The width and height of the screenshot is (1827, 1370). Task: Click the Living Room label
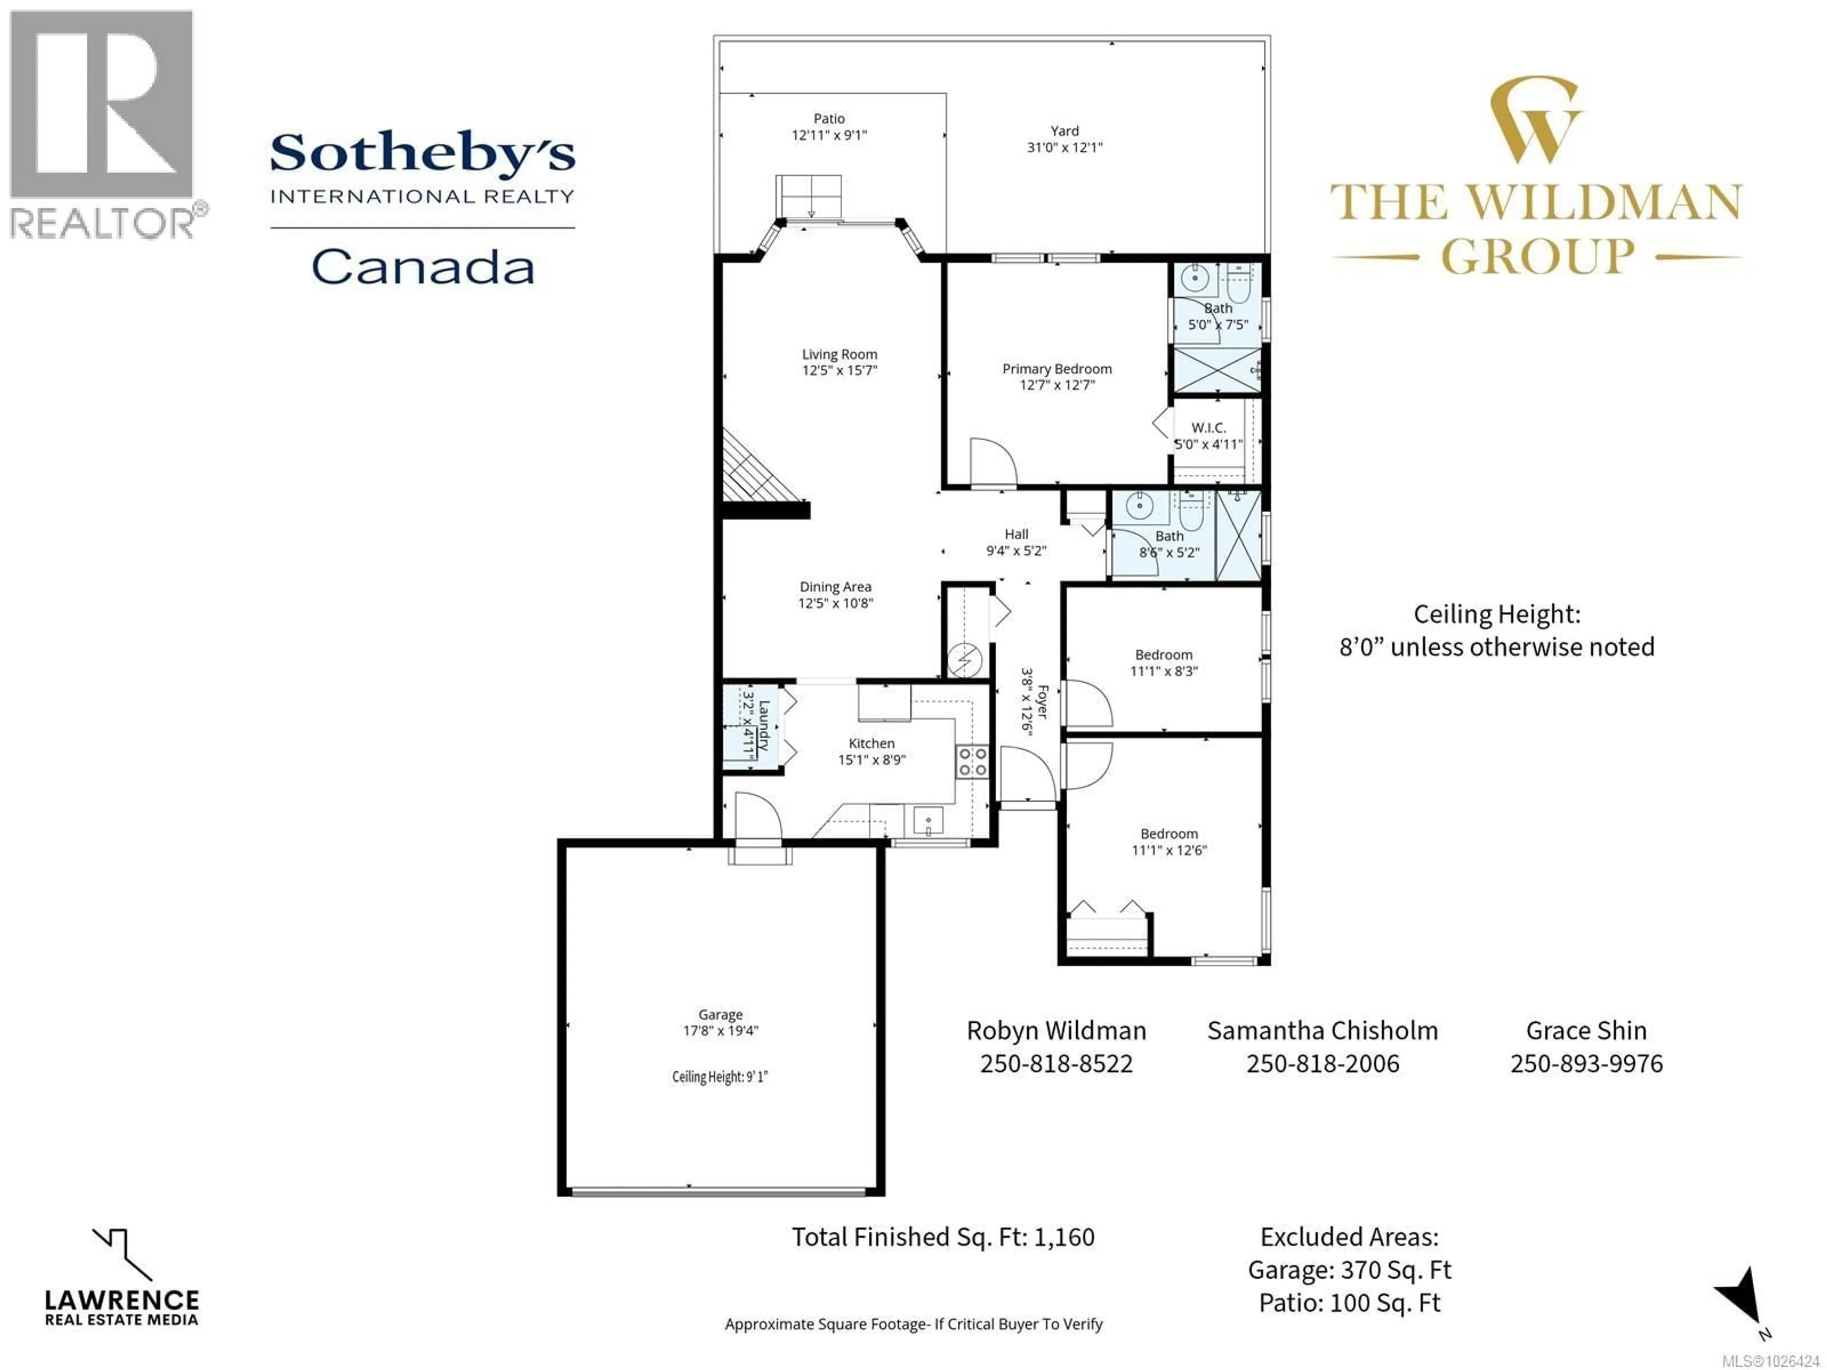coord(839,354)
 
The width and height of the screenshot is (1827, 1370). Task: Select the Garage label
coord(720,1014)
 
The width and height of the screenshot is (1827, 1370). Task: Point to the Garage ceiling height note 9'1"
coord(719,1077)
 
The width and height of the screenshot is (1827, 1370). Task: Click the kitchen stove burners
coord(972,762)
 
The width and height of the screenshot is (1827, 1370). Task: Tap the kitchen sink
coord(928,822)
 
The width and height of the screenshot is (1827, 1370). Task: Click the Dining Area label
coord(835,587)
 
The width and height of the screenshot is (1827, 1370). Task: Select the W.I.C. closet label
coord(1208,428)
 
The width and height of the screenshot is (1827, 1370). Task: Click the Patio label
coord(829,119)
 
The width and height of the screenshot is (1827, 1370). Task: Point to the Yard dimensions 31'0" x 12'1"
coord(1065,147)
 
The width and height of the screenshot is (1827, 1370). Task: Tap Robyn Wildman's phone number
coord(1056,1064)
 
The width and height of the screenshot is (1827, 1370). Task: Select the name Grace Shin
coord(1586,1031)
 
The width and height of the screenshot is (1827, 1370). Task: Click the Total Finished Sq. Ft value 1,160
coord(1064,1237)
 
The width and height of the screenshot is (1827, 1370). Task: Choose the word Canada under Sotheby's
coord(423,267)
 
